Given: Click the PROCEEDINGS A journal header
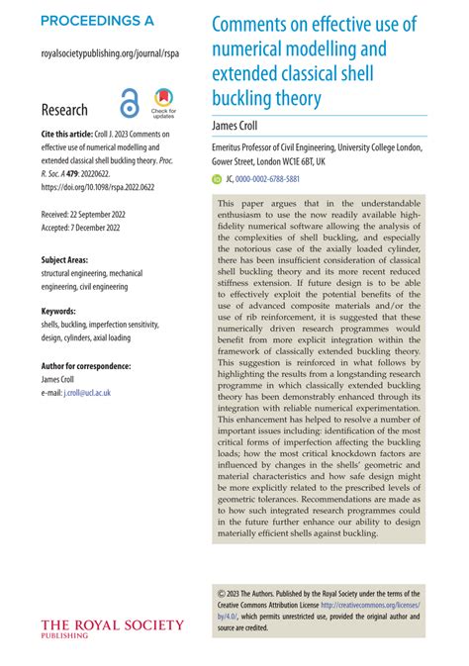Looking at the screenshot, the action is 97,21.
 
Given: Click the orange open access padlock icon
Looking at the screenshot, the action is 130,104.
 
